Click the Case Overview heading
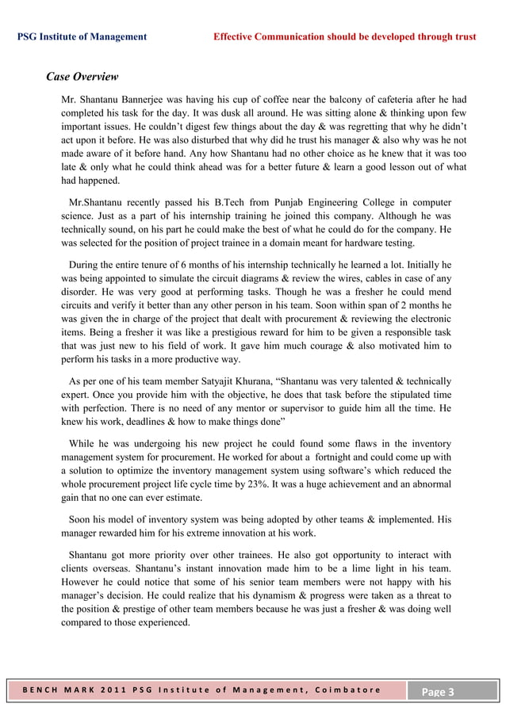(82, 77)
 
